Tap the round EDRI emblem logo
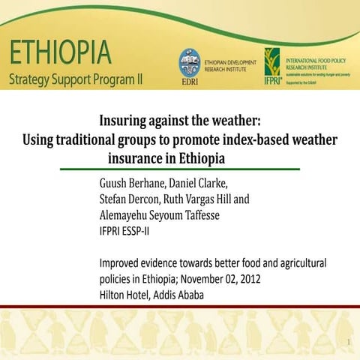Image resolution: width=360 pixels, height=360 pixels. tap(189, 62)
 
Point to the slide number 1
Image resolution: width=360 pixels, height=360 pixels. tap(349, 343)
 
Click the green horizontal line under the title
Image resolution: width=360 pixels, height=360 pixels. tap(180, 169)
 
